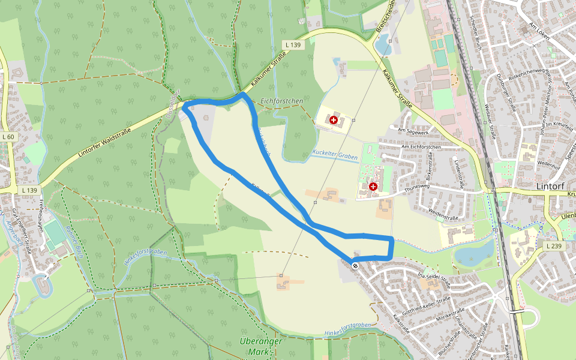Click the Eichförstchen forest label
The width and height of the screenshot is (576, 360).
click(282, 102)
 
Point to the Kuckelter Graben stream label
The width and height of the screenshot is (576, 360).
click(335, 155)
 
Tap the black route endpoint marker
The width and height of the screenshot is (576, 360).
click(356, 265)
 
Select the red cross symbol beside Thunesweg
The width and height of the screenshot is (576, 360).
click(373, 187)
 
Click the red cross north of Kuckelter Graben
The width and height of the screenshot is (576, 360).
click(334, 120)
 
